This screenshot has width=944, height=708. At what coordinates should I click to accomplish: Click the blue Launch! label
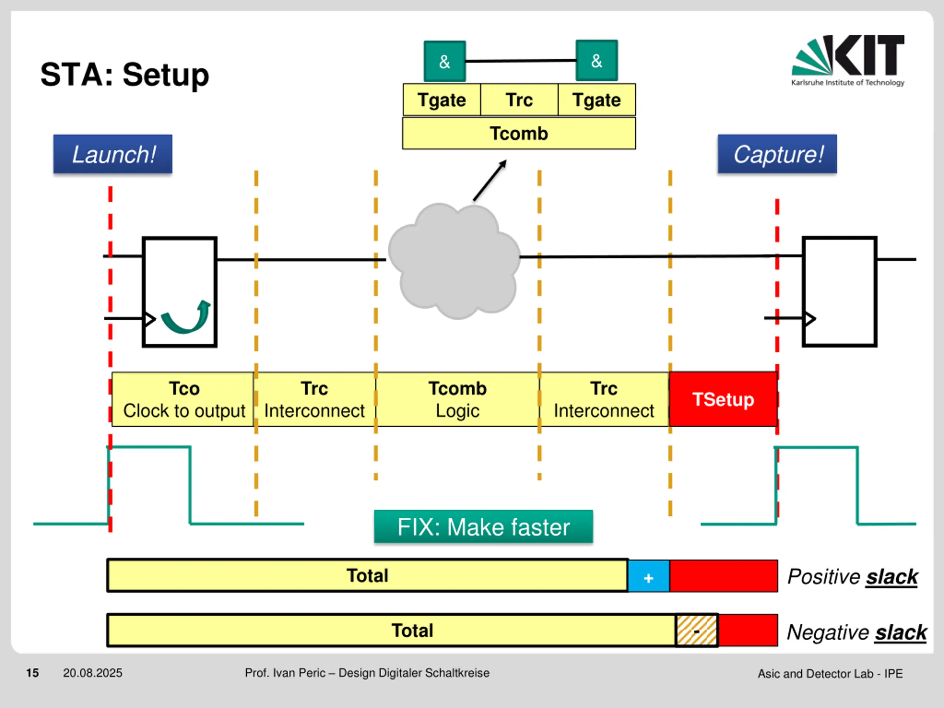click(x=113, y=154)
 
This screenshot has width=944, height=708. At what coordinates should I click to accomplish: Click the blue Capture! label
click(x=777, y=154)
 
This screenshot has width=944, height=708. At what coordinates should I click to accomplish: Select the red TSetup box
click(x=723, y=399)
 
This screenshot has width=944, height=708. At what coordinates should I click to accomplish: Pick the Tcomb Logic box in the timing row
click(x=458, y=399)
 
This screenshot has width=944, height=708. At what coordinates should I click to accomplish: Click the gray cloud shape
click(x=454, y=261)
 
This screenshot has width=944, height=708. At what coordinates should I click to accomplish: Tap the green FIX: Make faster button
click(x=483, y=527)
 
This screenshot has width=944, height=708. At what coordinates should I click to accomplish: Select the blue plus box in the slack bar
click(x=649, y=576)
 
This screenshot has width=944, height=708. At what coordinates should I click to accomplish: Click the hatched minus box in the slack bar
click(x=697, y=630)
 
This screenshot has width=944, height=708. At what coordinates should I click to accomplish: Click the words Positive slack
click(x=852, y=577)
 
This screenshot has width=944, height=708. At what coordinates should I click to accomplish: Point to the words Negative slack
click(x=857, y=632)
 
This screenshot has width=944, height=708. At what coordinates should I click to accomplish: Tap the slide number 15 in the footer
click(x=32, y=673)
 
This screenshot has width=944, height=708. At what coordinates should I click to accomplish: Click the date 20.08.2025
click(x=93, y=673)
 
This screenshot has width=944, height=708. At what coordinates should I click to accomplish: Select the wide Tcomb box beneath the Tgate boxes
click(x=519, y=133)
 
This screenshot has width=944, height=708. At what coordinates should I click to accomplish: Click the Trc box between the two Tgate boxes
click(x=519, y=100)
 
